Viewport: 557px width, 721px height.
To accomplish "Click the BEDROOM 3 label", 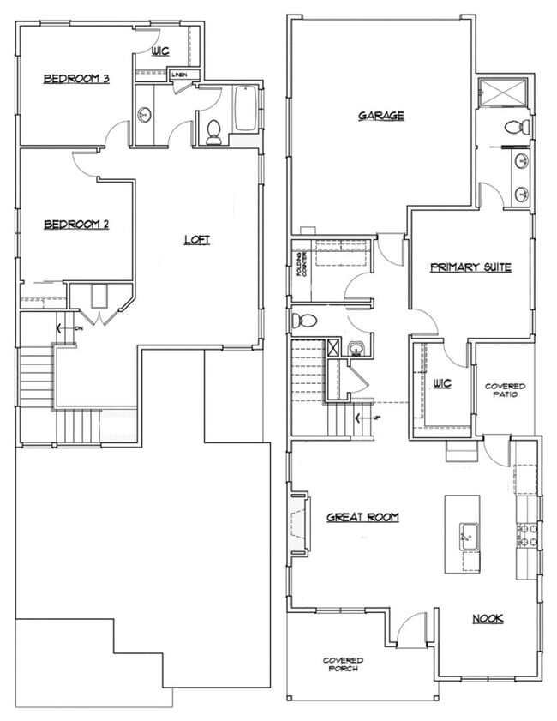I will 76,80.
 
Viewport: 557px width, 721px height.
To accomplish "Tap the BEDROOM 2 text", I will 76,225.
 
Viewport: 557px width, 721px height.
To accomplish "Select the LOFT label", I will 196,240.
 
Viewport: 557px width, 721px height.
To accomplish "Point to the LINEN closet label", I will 179,75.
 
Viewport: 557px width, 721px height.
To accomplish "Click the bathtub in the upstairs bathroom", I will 245,109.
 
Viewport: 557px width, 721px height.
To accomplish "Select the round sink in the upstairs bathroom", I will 145,114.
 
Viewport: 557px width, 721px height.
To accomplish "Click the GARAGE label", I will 380,116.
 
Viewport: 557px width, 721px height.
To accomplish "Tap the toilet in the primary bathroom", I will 516,128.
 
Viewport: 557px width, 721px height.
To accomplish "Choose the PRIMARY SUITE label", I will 470,267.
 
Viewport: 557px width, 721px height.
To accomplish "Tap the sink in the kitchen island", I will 468,536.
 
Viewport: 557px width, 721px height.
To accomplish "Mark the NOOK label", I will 488,618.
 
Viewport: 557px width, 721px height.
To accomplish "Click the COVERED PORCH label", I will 343,664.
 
